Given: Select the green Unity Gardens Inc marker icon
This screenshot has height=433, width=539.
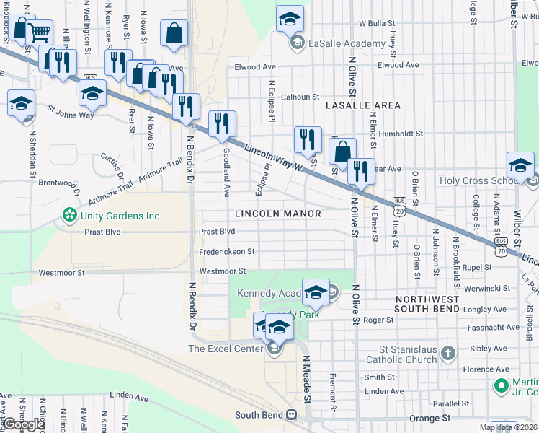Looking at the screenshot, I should (x=70, y=215).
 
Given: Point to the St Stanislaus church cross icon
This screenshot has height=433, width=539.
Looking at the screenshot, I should (x=448, y=353).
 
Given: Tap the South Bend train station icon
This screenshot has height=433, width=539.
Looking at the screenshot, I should (x=292, y=415).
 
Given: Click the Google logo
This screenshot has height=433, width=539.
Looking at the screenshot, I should (x=23, y=424).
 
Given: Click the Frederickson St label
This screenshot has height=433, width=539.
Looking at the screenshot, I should (x=227, y=252).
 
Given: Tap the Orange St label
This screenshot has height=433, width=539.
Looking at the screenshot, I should (x=429, y=418).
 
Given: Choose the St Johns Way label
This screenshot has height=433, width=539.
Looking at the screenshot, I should (x=71, y=114).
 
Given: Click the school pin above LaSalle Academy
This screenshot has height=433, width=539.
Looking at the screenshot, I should (x=290, y=19).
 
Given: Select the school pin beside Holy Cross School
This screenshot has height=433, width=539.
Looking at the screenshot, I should (x=520, y=165).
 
